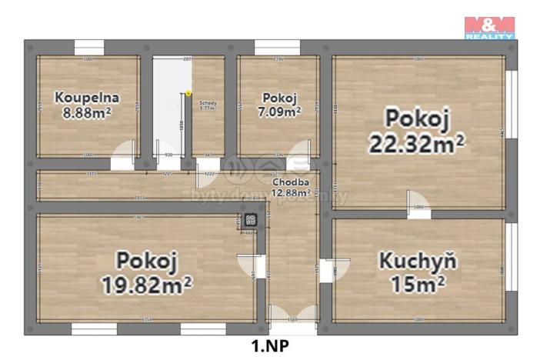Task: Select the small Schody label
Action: pos(208,103)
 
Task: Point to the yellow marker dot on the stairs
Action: pos(188,94)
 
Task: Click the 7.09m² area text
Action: pos(279,112)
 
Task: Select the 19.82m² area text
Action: pos(147,284)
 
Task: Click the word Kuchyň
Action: pos(418,260)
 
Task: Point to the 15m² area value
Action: pos(418,283)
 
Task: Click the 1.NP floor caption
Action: pos(269,346)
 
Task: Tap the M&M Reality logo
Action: pos(489,27)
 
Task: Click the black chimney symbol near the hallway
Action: pos(250,222)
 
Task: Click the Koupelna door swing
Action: pos(122,158)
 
